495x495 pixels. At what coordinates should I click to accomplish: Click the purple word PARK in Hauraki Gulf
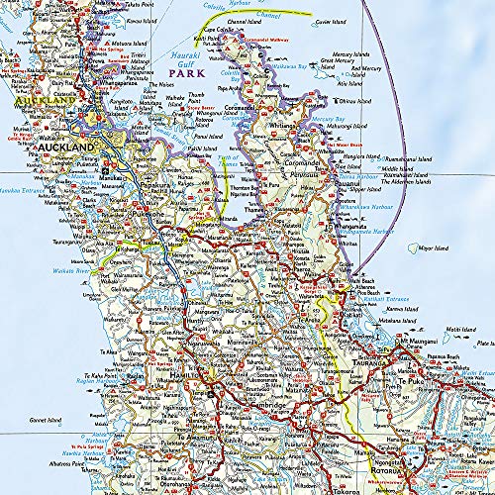click(x=189, y=73)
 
